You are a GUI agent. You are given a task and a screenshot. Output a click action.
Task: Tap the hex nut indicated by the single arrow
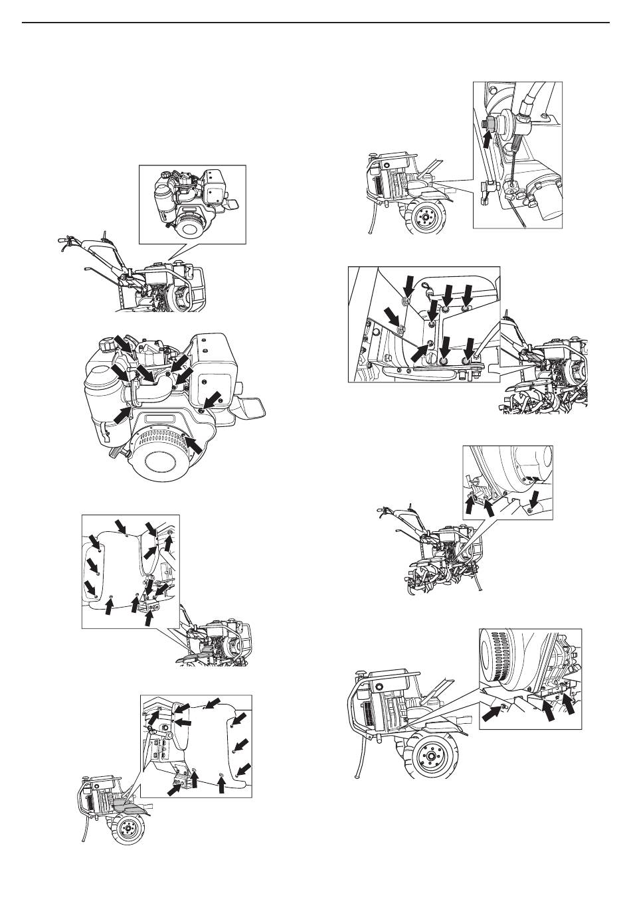click(x=493, y=124)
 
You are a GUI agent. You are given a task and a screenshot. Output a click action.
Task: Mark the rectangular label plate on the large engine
click(x=159, y=420)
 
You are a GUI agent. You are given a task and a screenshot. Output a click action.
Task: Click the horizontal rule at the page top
click(x=315, y=23)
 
